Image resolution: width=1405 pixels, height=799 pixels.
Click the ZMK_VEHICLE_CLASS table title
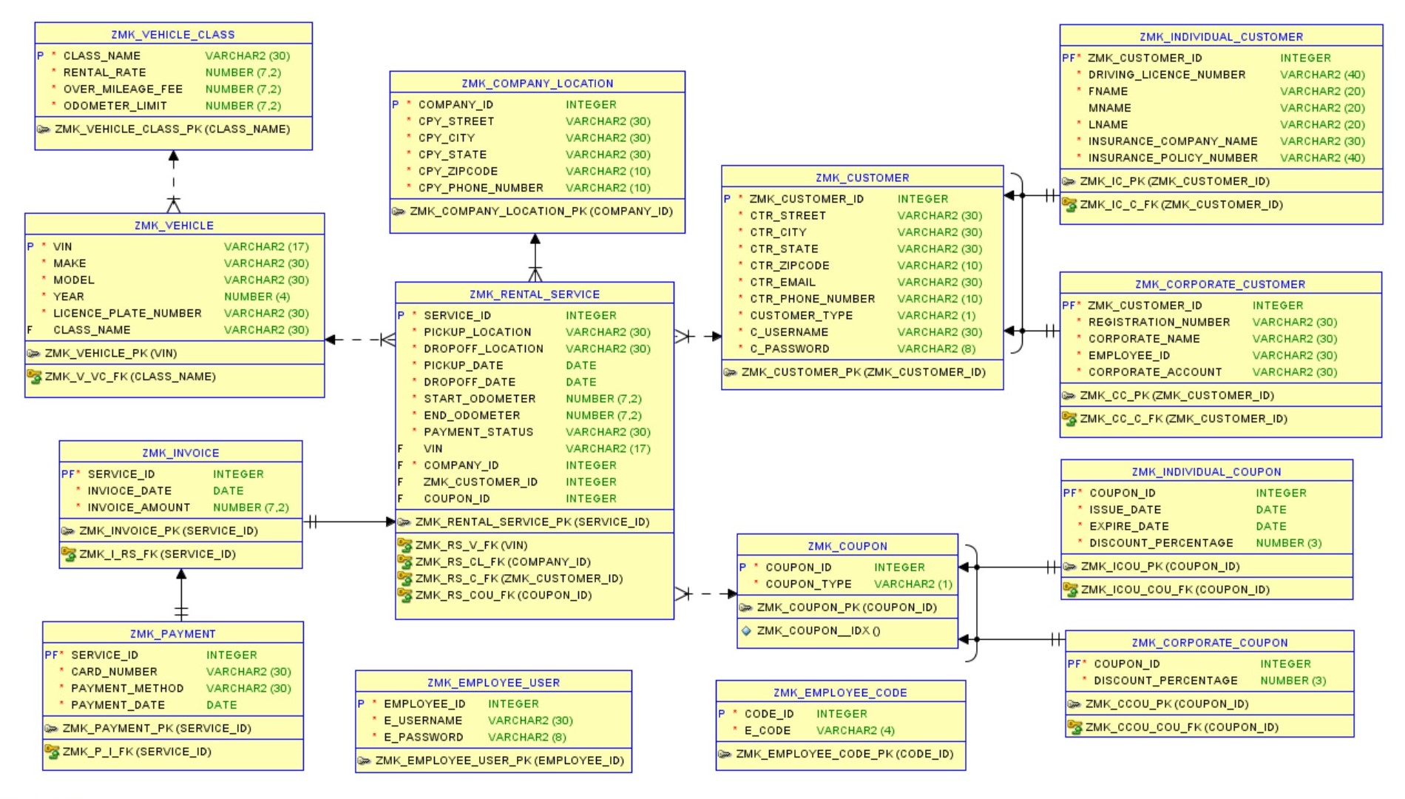coord(173,35)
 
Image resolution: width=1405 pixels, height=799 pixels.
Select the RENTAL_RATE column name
coord(104,73)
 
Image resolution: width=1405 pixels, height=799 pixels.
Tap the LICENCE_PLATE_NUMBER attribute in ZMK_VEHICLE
coord(127,314)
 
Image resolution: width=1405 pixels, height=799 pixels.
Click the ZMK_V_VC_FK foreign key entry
coord(130,377)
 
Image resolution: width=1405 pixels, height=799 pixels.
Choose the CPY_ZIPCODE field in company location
coord(458,172)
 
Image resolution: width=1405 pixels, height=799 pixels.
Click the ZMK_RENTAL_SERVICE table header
coord(534,294)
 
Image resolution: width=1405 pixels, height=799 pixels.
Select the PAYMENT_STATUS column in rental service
coord(478,432)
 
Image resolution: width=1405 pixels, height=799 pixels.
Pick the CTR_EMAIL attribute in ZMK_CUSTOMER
coord(782,283)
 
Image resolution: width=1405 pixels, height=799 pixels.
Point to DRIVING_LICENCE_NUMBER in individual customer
coord(1166,75)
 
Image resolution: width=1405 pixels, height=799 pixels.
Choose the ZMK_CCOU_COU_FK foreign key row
coord(1181,727)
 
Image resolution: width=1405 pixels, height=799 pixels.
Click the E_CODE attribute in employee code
coord(767,731)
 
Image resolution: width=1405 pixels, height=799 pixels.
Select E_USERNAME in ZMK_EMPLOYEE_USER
coord(422,721)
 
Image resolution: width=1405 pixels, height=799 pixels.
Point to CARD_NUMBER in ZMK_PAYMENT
coord(114,672)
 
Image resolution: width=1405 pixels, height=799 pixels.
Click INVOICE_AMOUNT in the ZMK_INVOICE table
coord(138,508)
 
